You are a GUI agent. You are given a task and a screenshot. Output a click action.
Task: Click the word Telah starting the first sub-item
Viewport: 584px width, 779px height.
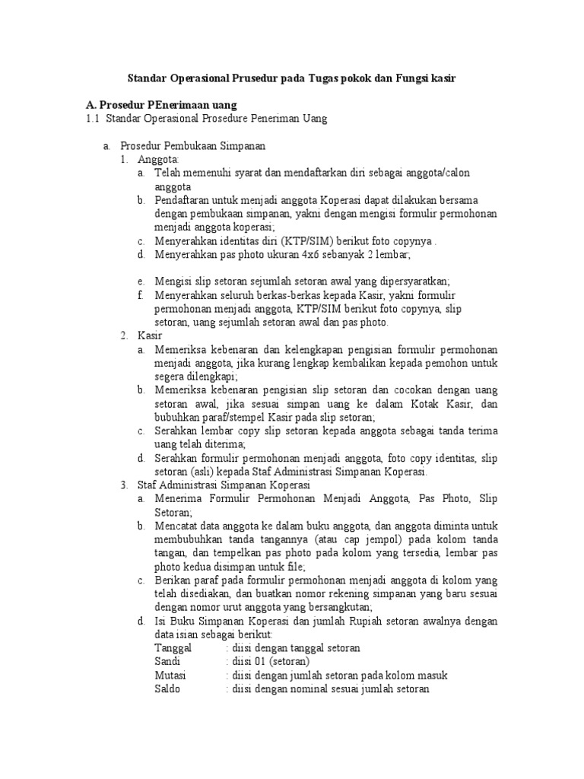click(170, 173)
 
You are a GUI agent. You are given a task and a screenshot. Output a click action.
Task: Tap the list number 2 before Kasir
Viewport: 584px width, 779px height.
click(124, 335)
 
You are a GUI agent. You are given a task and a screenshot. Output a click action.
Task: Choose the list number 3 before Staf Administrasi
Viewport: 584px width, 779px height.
click(124, 485)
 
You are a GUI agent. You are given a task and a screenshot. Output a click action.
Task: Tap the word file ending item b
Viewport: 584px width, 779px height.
click(293, 567)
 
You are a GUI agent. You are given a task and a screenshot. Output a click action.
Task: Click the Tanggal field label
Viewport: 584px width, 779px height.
click(174, 648)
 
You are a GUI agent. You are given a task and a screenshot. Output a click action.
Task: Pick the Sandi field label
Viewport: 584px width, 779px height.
click(168, 662)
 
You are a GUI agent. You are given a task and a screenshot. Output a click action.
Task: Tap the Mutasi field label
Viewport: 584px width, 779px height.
click(170, 676)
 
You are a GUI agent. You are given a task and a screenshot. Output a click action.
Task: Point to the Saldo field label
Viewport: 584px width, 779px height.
click(168, 689)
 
